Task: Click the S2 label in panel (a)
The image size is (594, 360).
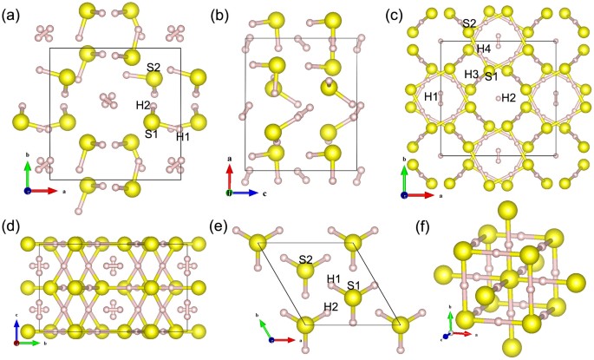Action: [153, 68]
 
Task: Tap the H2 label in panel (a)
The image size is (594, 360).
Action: [143, 106]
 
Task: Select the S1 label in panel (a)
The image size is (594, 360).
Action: [152, 134]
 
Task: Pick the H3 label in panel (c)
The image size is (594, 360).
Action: [471, 75]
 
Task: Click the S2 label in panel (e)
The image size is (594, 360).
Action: [304, 259]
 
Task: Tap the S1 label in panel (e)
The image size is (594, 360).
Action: [354, 284]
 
